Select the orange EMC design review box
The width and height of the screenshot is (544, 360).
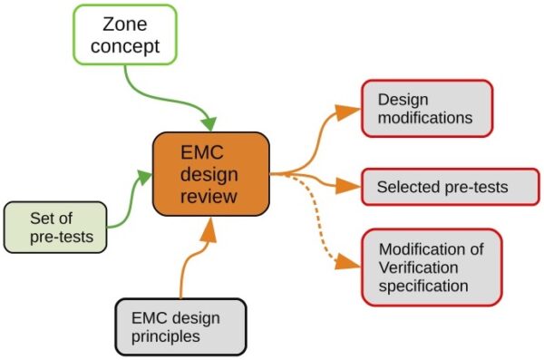tap(210, 173)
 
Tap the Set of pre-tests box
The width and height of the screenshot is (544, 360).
tap(54, 227)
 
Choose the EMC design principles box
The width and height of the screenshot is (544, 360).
tap(180, 326)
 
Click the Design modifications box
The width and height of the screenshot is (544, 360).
tap(426, 108)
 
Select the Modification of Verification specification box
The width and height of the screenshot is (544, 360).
tap(432, 267)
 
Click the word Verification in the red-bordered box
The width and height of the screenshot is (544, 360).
tap(419, 268)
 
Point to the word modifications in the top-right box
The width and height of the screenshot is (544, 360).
tap(425, 118)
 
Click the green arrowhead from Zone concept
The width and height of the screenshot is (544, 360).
tap(211, 122)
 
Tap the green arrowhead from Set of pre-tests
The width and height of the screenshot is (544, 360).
tap(144, 175)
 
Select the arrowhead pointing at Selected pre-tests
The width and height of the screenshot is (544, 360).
tap(348, 187)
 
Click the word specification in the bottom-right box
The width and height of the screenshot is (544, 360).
tap(423, 286)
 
